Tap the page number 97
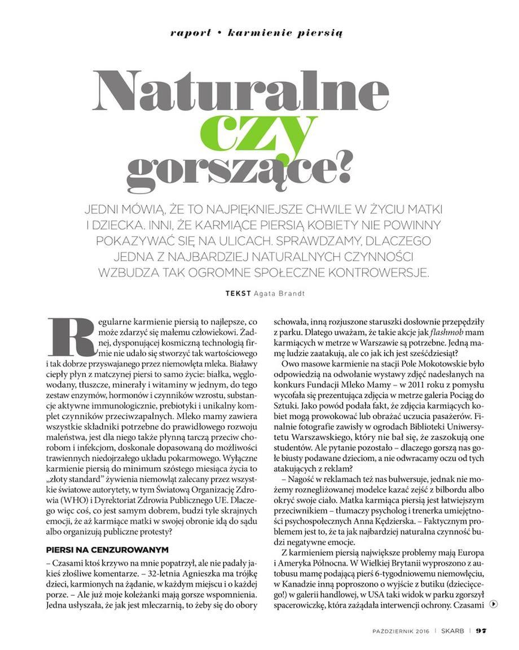pyautogui.click(x=481, y=631)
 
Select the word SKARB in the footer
pyautogui.click(x=453, y=631)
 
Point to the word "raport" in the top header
pyautogui.click(x=191, y=33)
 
